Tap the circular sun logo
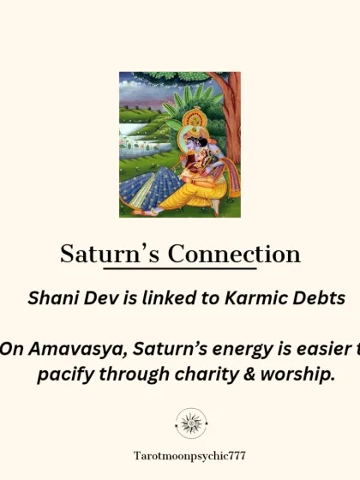pyautogui.click(x=190, y=423)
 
